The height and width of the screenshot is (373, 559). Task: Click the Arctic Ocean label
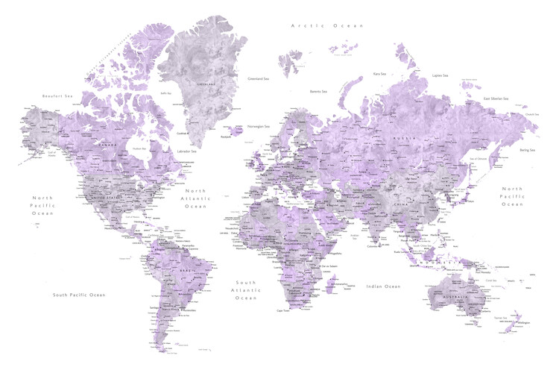327,25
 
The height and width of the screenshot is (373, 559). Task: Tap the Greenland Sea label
258,78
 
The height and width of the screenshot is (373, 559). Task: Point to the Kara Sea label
379,74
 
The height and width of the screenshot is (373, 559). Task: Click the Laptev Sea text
440,75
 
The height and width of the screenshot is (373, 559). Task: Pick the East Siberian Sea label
495,98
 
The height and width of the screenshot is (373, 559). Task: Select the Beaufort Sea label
58,95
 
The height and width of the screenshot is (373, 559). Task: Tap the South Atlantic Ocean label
246,290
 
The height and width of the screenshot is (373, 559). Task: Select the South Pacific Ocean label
79,295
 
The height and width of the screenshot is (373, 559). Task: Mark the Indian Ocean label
383,286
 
